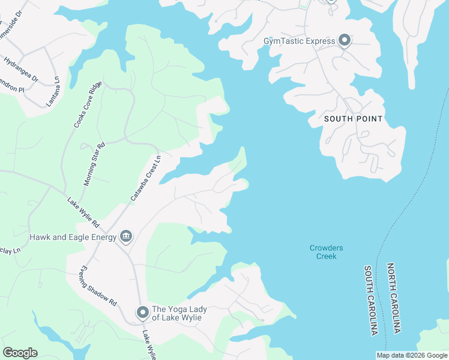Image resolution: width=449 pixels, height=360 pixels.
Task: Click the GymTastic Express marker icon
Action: point(345,41)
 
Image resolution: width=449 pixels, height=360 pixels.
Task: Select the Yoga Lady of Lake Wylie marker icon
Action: point(142,313)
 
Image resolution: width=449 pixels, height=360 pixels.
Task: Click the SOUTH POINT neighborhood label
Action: point(353,119)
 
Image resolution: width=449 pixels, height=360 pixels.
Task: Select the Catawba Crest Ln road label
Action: point(146,178)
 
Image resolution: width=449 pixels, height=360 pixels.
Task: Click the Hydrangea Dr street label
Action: point(20,70)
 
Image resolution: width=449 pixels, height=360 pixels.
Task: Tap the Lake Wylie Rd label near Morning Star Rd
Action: point(83,212)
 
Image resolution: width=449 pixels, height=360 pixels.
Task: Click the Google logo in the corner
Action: point(20,353)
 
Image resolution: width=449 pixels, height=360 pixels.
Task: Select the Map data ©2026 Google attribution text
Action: point(412,355)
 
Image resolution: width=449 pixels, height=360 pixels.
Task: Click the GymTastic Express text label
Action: point(299,41)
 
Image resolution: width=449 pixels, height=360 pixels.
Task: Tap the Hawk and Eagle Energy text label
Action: point(73,238)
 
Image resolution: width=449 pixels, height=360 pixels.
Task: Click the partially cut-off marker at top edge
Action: point(331,1)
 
